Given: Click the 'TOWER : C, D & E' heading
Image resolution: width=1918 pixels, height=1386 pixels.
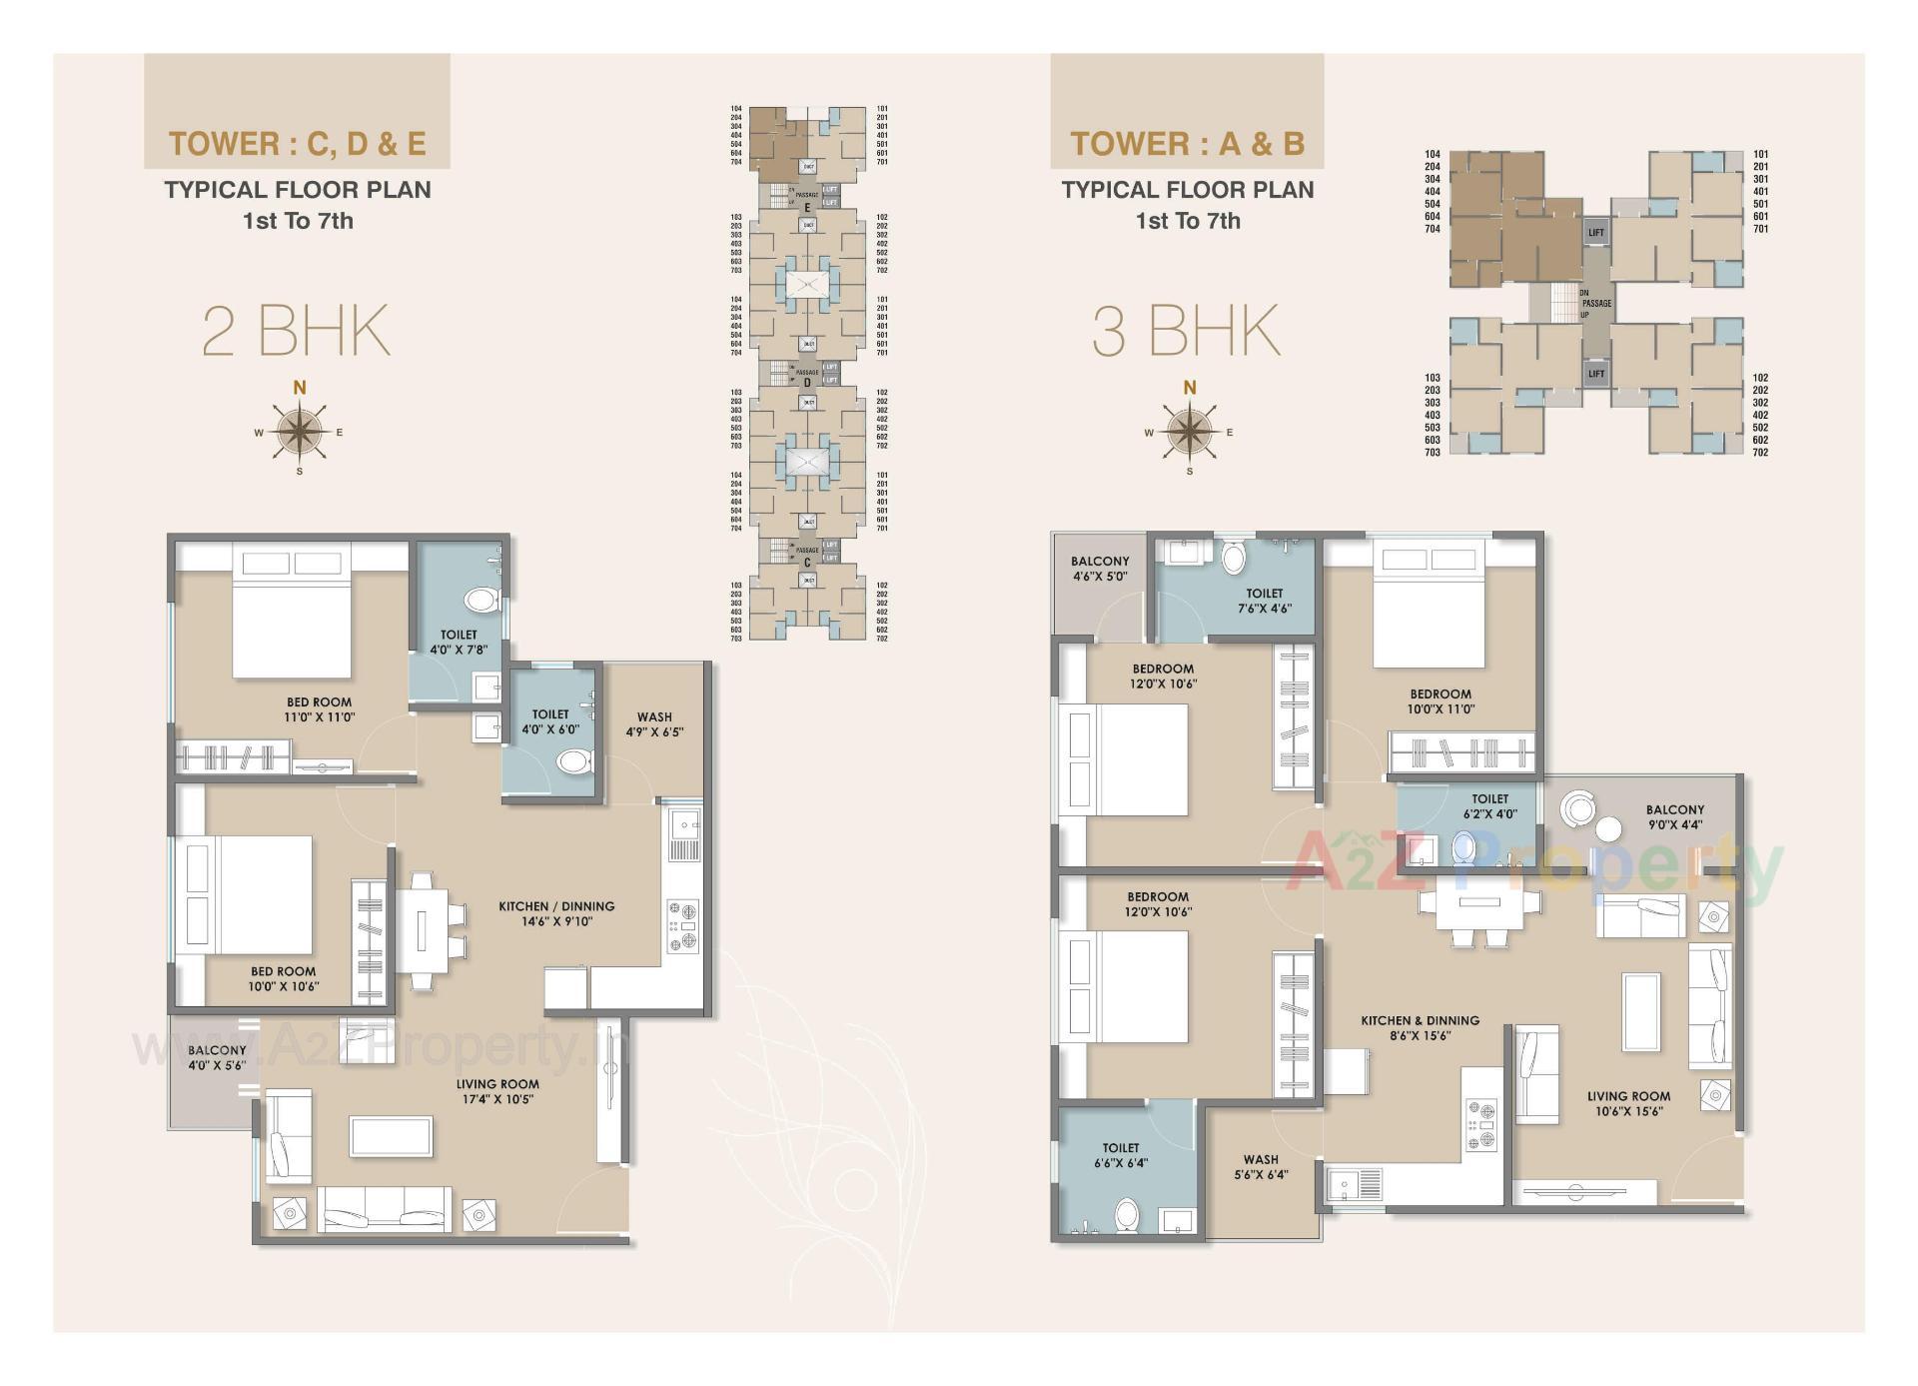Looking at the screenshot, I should (297, 143).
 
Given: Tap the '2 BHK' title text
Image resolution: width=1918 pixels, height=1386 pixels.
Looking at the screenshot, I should (296, 331).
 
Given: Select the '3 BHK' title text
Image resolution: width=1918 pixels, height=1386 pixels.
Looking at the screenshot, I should (1186, 331).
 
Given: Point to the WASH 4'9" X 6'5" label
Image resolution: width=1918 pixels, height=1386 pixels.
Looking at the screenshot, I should (654, 723).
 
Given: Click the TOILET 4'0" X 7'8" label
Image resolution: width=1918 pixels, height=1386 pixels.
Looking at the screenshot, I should (459, 642).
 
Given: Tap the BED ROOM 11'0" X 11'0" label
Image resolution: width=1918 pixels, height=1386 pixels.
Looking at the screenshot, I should (320, 708).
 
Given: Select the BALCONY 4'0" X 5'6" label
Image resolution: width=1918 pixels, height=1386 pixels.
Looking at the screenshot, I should (217, 1057).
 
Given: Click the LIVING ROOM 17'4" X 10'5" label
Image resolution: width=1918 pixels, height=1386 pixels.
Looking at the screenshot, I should (497, 1091).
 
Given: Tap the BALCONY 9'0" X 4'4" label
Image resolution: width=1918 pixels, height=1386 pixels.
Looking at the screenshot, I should (1675, 816).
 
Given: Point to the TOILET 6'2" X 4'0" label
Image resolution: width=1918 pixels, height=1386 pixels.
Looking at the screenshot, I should (1489, 805).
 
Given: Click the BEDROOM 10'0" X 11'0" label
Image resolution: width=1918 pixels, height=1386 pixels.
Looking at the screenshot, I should (1440, 700).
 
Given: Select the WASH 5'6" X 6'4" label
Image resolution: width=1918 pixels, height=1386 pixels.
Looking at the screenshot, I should (1261, 1166).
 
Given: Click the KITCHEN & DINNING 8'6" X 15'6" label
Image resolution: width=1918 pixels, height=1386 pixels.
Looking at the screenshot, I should (1420, 1027).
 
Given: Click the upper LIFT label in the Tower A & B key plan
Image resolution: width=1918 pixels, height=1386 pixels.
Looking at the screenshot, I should (1595, 232).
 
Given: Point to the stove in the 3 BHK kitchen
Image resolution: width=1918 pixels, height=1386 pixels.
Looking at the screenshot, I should (1480, 1125).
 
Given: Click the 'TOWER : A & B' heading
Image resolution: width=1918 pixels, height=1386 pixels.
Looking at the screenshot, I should (1187, 143).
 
